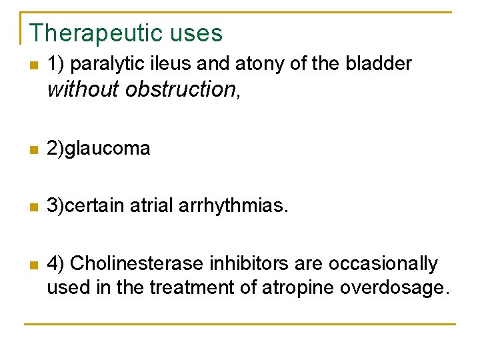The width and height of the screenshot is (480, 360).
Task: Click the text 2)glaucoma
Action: click(x=98, y=149)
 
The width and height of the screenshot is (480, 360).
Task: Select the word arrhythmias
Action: click(x=233, y=206)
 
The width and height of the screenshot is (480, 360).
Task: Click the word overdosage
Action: click(x=395, y=288)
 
